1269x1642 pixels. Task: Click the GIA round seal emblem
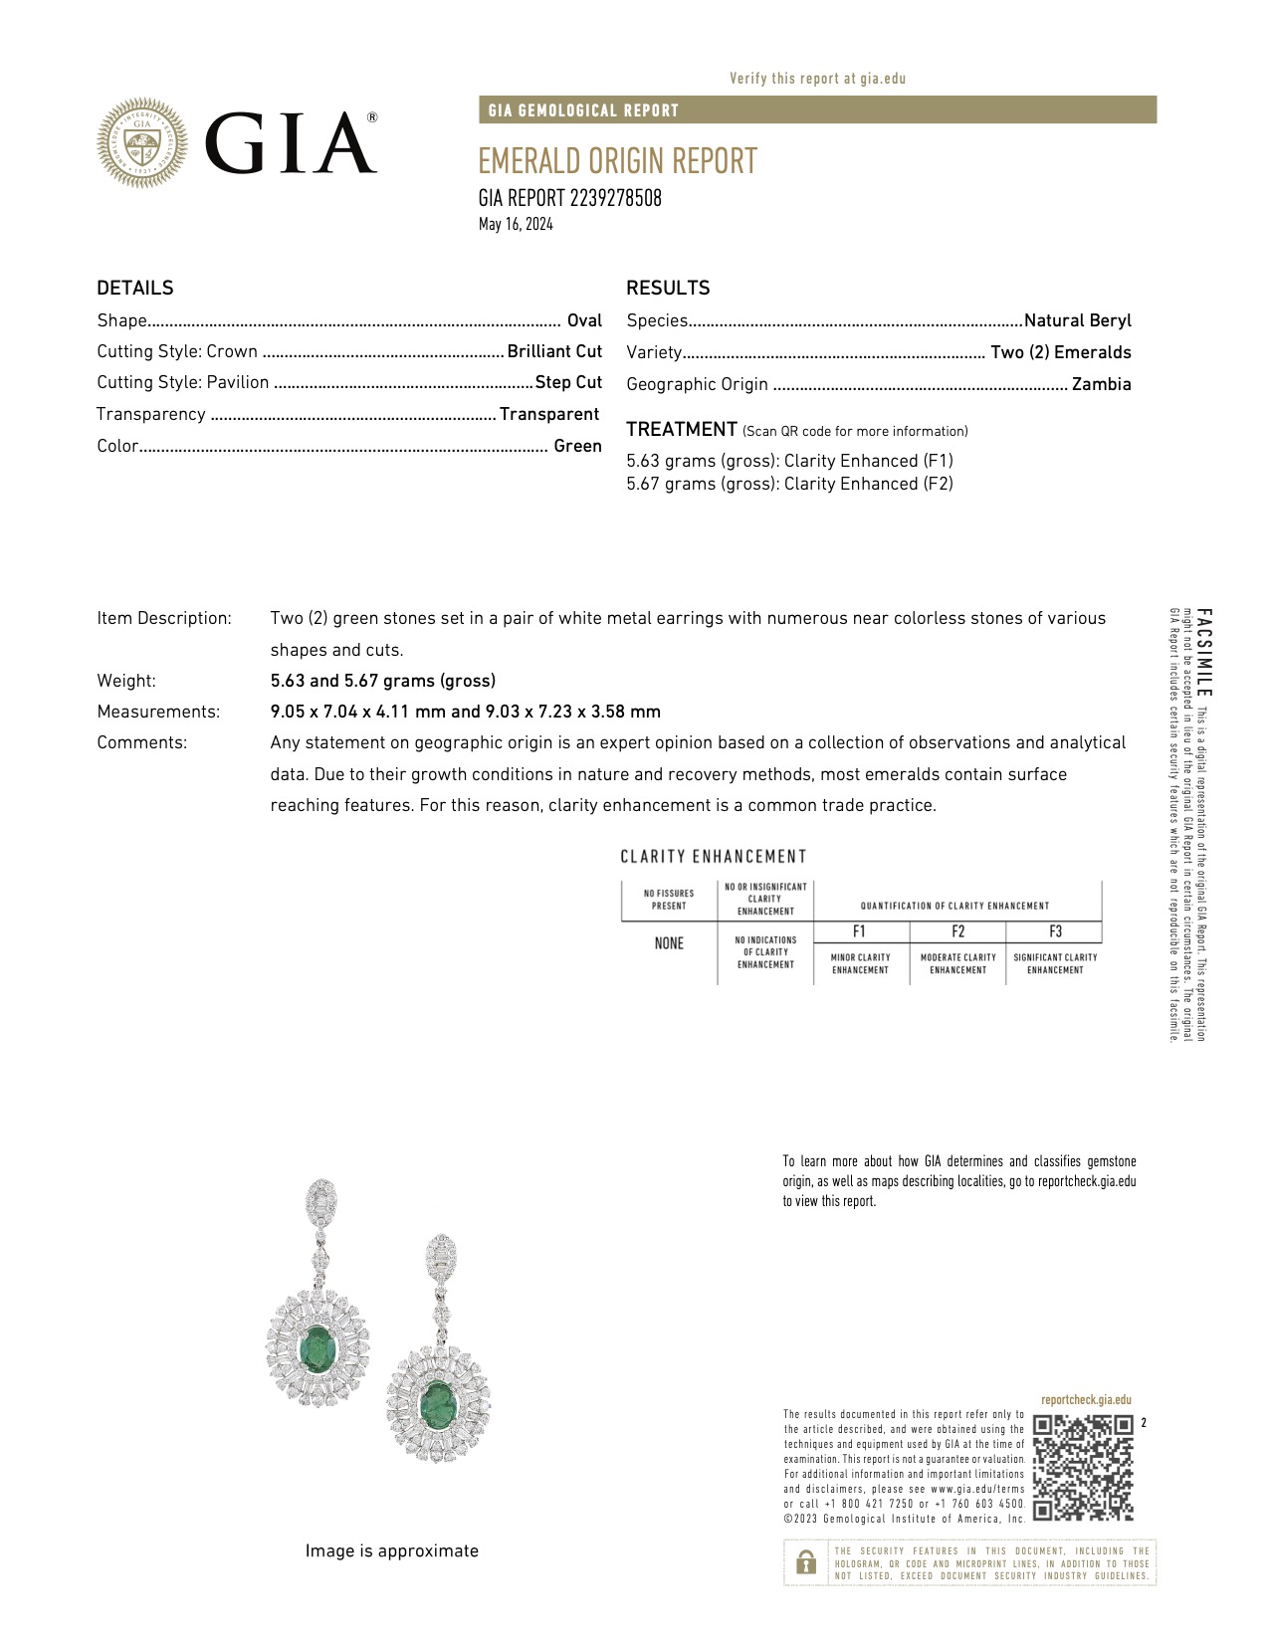click(x=142, y=142)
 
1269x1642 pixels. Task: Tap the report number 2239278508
click(x=569, y=198)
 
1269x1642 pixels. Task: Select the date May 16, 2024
click(x=516, y=224)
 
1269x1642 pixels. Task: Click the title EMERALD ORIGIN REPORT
click(x=617, y=161)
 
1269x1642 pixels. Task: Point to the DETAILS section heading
click(x=135, y=288)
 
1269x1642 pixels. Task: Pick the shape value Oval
click(x=584, y=320)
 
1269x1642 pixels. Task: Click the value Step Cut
click(x=568, y=382)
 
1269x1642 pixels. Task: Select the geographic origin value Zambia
click(x=1101, y=384)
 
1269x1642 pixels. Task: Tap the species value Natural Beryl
click(x=1077, y=320)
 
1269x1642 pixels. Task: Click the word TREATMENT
click(x=682, y=429)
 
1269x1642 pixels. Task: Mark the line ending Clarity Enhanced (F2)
click(x=789, y=484)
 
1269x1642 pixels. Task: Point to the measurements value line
click(x=465, y=712)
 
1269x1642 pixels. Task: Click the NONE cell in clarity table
click(x=669, y=943)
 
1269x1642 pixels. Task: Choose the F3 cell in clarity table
click(x=1055, y=931)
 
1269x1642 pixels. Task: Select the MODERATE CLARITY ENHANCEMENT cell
click(x=957, y=963)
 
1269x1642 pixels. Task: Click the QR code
click(x=1083, y=1467)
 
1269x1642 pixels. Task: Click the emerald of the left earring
click(x=317, y=1345)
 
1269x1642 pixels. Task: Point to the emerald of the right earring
click(x=438, y=1401)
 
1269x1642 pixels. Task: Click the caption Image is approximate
click(x=391, y=1550)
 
